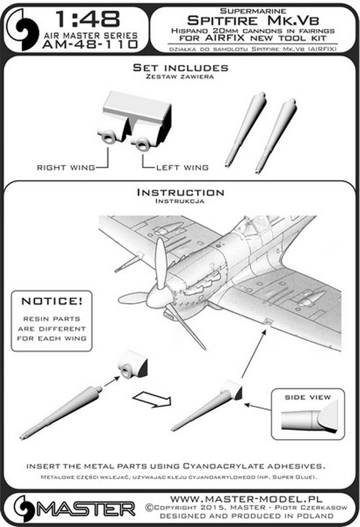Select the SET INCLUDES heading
[181, 68]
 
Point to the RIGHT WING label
[65, 167]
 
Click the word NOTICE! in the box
[52, 301]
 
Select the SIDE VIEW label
[308, 397]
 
